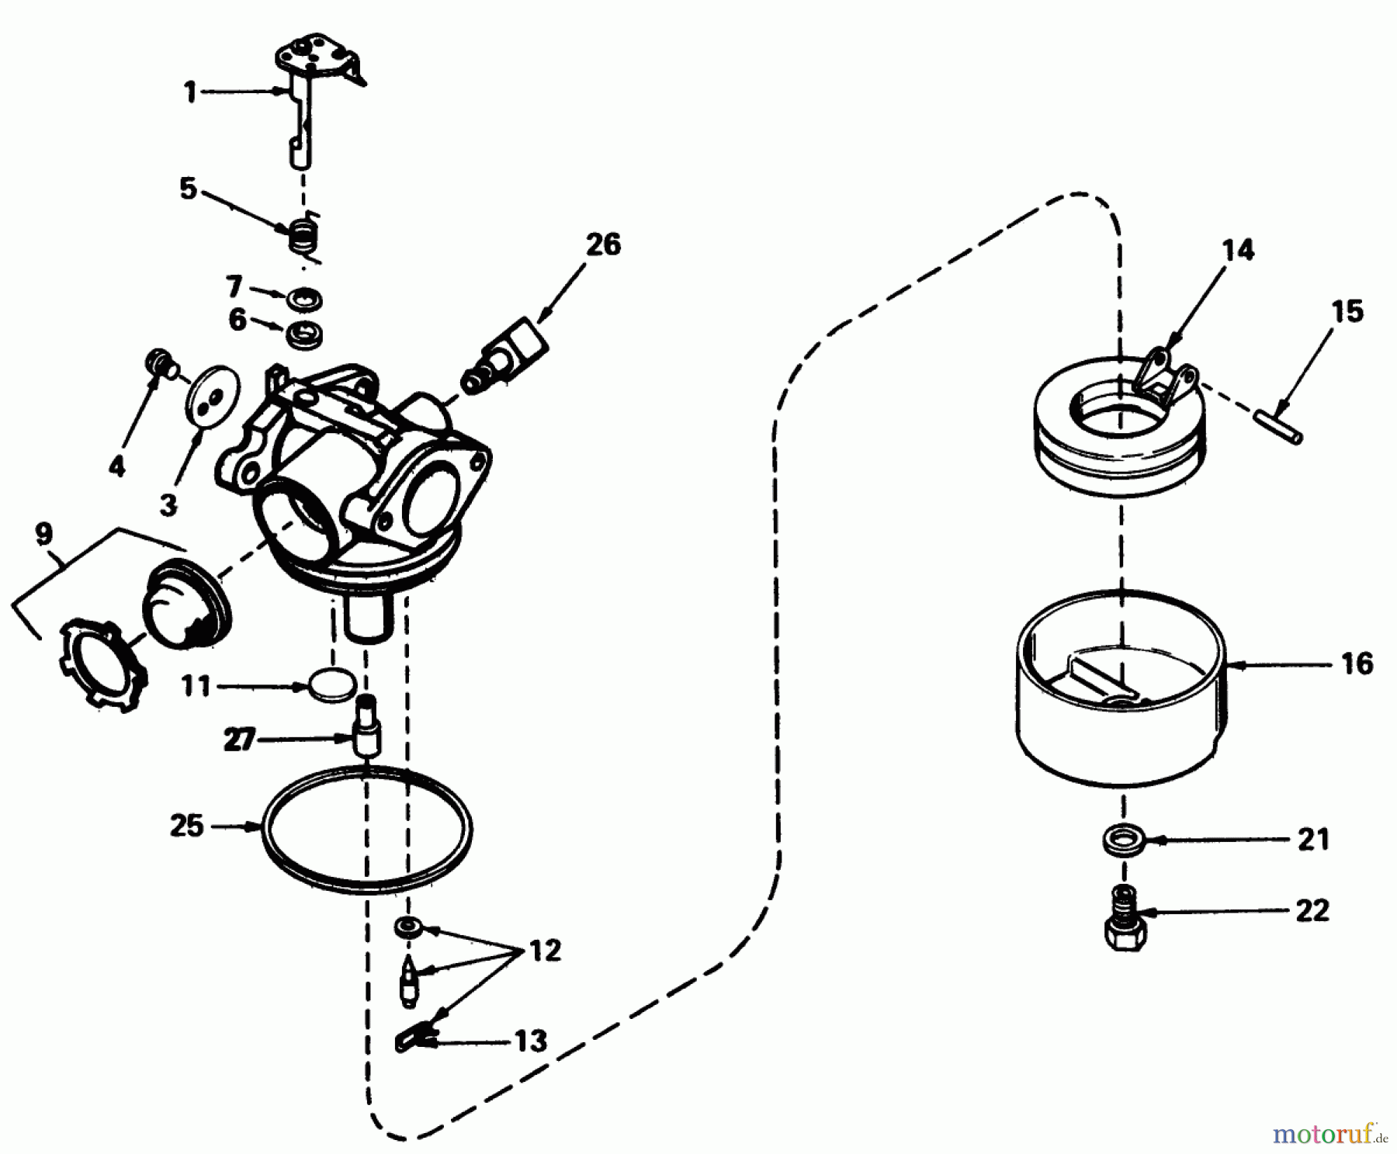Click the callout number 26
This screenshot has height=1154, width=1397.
(603, 244)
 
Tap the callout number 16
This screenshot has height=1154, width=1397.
(1356, 664)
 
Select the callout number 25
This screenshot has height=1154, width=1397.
(187, 826)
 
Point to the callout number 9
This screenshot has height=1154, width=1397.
(43, 534)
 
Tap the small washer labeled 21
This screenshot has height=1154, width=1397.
(1121, 840)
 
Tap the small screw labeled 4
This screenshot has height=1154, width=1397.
(158, 362)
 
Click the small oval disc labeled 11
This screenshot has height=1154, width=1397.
(334, 686)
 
